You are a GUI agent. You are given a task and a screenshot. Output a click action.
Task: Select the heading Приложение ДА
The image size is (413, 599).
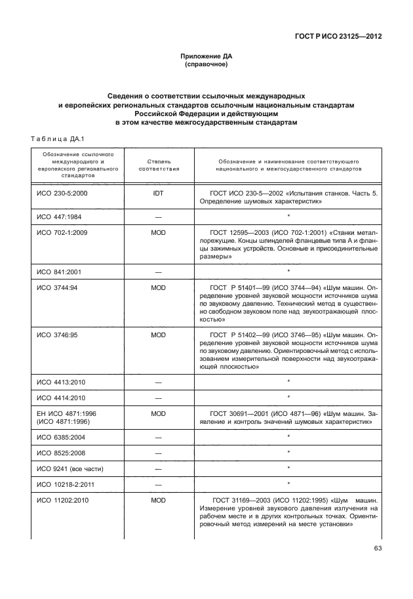206,57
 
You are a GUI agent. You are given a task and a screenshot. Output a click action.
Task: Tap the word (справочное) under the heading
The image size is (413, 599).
206,66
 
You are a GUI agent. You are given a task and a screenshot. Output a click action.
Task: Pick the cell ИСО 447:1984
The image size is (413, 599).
60,216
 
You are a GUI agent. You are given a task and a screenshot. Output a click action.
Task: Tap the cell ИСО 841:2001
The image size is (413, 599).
60,270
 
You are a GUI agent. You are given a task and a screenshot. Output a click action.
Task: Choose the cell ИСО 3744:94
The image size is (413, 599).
58,287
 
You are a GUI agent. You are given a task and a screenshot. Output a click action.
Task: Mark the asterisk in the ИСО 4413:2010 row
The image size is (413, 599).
288,381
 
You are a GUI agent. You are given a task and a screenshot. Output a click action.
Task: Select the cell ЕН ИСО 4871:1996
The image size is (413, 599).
66,414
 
